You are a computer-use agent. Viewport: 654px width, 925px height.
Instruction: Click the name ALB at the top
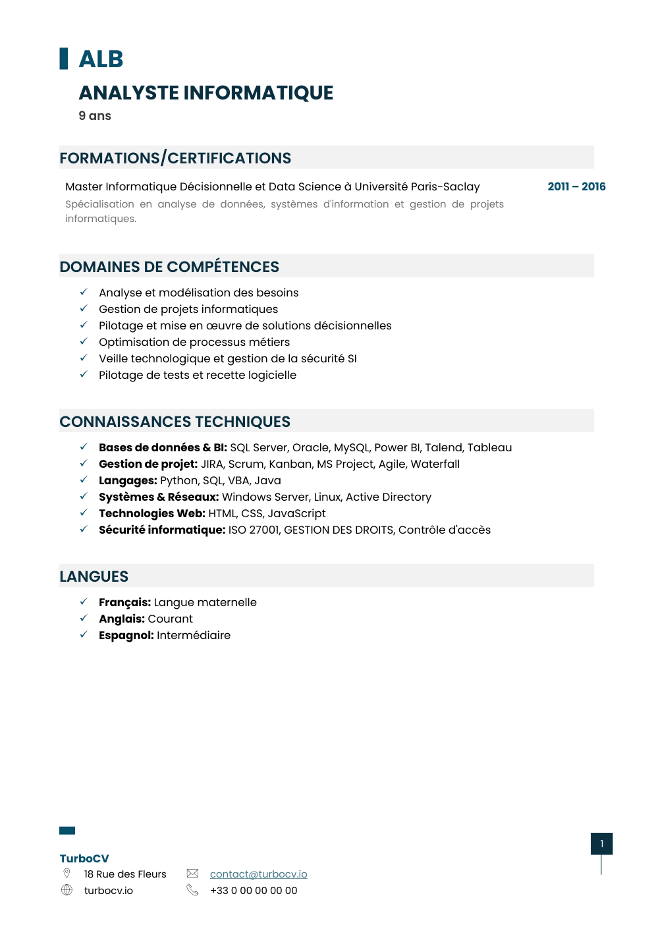click(x=101, y=59)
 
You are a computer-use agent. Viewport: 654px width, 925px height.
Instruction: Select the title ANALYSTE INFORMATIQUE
click(x=205, y=93)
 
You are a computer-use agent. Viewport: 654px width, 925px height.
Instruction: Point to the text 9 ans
click(x=95, y=116)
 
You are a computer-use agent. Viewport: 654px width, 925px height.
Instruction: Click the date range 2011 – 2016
click(x=576, y=186)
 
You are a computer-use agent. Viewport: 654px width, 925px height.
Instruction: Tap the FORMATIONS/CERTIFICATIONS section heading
click(x=175, y=158)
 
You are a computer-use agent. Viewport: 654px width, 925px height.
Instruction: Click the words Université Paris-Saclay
click(x=417, y=186)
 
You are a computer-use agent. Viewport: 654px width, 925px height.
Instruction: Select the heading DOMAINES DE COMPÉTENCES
click(x=169, y=267)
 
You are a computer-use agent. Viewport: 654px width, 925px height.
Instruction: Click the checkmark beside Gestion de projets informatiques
click(x=84, y=308)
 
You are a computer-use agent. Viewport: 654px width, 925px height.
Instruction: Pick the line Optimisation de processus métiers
click(x=194, y=342)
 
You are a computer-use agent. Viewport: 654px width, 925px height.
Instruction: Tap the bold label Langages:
click(x=128, y=480)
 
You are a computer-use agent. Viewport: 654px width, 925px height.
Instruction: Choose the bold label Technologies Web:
click(x=152, y=513)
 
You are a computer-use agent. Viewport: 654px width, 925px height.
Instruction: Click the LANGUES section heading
click(x=94, y=576)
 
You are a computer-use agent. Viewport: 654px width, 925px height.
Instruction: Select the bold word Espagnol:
click(x=126, y=635)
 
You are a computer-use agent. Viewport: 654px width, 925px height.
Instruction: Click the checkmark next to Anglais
click(x=84, y=618)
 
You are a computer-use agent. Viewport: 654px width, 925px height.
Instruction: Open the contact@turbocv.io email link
click(x=258, y=874)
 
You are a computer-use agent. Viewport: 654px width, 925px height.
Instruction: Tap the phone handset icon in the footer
click(x=192, y=890)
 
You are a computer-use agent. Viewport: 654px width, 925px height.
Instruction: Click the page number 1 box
click(x=601, y=844)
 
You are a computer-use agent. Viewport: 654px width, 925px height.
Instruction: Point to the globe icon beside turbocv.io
click(x=67, y=890)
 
